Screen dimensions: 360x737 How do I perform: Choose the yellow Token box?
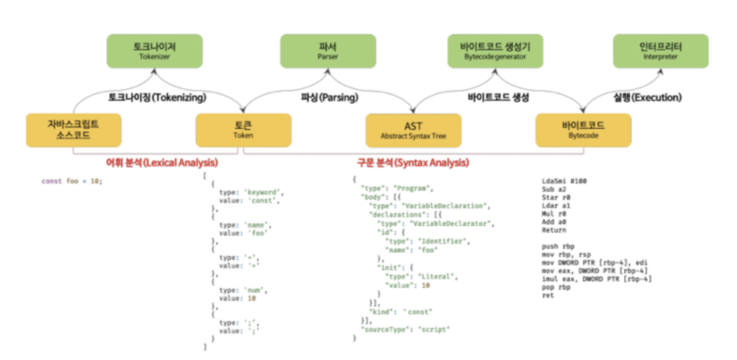[243, 130]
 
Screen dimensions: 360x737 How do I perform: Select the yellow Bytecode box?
[583, 130]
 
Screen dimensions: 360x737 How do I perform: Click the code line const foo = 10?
[71, 181]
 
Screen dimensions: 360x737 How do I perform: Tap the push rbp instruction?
[558, 246]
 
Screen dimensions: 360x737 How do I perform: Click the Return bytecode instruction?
[554, 230]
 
